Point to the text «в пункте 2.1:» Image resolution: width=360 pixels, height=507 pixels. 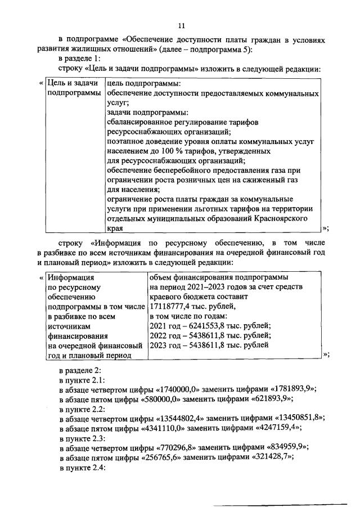(x=82, y=379)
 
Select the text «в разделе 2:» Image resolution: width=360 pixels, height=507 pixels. (x=79, y=369)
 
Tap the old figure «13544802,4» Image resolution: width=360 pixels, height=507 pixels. (x=186, y=417)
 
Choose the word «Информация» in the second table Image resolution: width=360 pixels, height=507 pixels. (x=71, y=277)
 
